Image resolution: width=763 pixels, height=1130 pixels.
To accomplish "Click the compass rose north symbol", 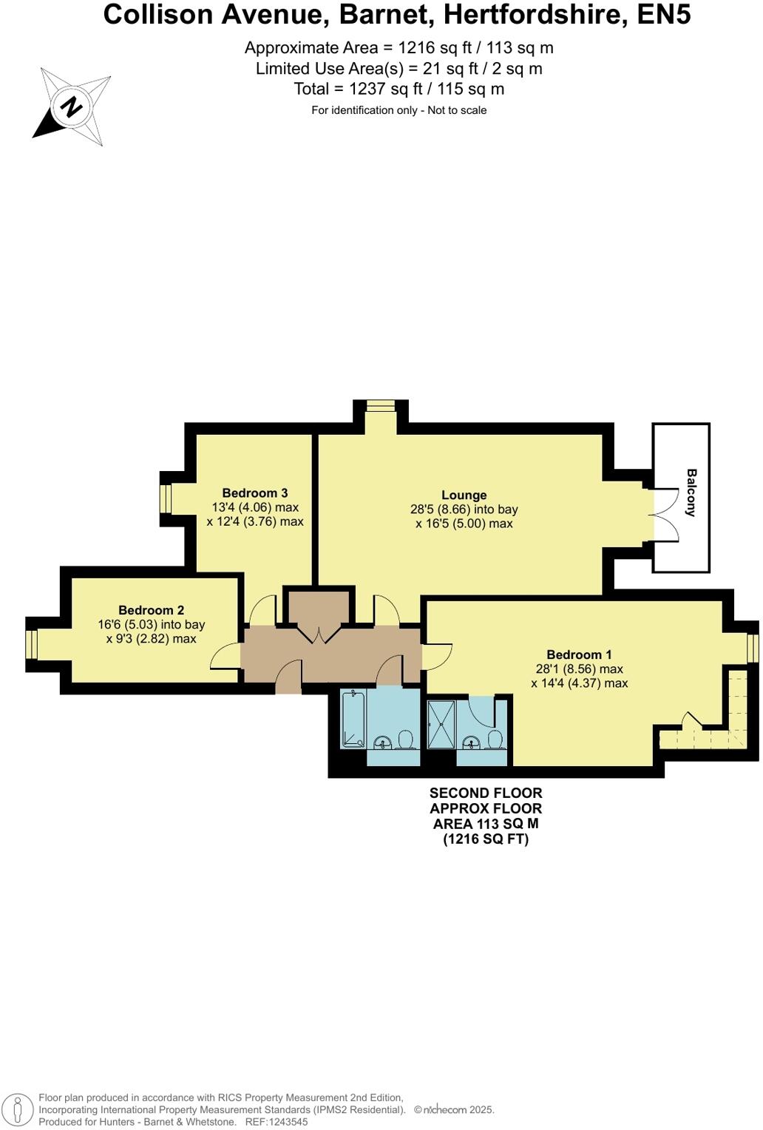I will click(72, 108).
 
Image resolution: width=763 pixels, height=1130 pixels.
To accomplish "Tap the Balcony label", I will click(691, 493).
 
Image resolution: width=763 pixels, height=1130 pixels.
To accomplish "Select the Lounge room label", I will click(464, 495).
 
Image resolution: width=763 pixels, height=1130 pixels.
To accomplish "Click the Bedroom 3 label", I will click(254, 493).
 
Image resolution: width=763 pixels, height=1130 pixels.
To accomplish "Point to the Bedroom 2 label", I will click(151, 610).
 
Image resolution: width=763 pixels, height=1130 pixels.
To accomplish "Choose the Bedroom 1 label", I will click(579, 654).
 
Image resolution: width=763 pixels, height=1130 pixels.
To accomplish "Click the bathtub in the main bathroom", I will click(354, 718).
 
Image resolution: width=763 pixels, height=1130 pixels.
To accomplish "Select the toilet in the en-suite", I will click(495, 740).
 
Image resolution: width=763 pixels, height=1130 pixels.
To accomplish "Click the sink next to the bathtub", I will click(383, 741).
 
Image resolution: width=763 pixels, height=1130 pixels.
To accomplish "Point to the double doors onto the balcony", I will click(663, 515).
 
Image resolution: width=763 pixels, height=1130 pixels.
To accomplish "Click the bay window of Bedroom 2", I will click(31, 644).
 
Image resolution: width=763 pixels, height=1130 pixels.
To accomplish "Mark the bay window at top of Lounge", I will click(381, 405).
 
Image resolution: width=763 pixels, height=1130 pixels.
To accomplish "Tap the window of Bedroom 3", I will click(166, 498).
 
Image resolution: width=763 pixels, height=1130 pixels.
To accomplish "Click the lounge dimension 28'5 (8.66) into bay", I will click(464, 510).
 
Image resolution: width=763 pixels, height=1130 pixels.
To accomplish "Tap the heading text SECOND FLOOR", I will click(486, 793).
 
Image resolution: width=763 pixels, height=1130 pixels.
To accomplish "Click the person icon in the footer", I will click(18, 1110).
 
